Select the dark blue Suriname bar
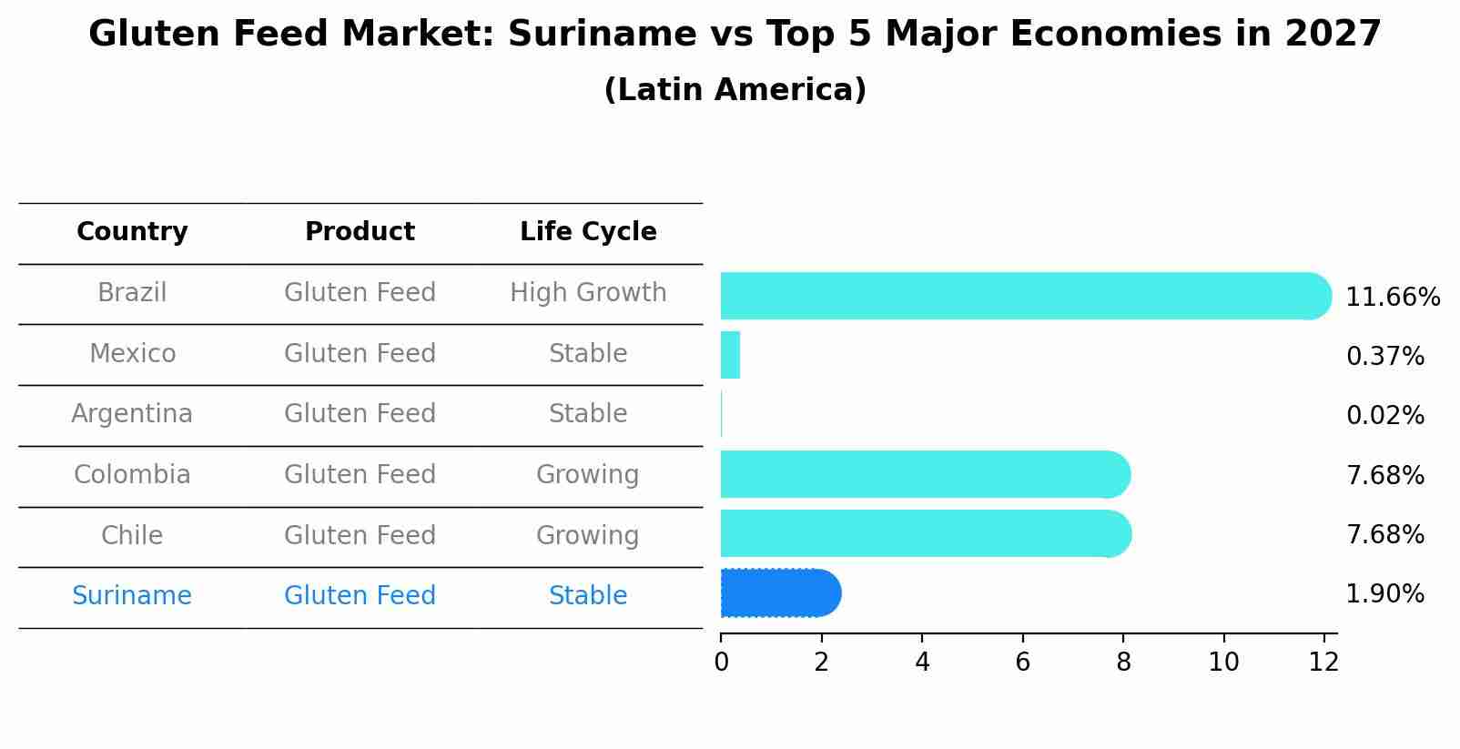[x=779, y=593]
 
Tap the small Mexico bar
[x=730, y=355]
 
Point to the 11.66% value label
[x=1392, y=298]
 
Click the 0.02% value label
[x=1384, y=416]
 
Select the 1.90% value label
[x=1384, y=594]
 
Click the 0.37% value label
[x=1384, y=357]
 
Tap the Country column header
[x=132, y=232]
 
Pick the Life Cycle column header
[x=588, y=232]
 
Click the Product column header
[x=360, y=232]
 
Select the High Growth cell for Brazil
[x=588, y=293]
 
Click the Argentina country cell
[x=132, y=414]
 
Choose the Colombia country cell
[x=132, y=475]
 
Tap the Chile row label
[x=132, y=535]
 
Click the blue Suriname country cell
[x=132, y=596]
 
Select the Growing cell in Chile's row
[x=588, y=535]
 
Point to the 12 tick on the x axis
[x=1323, y=663]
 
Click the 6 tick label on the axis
[x=1022, y=663]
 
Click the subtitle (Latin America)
[x=735, y=90]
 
